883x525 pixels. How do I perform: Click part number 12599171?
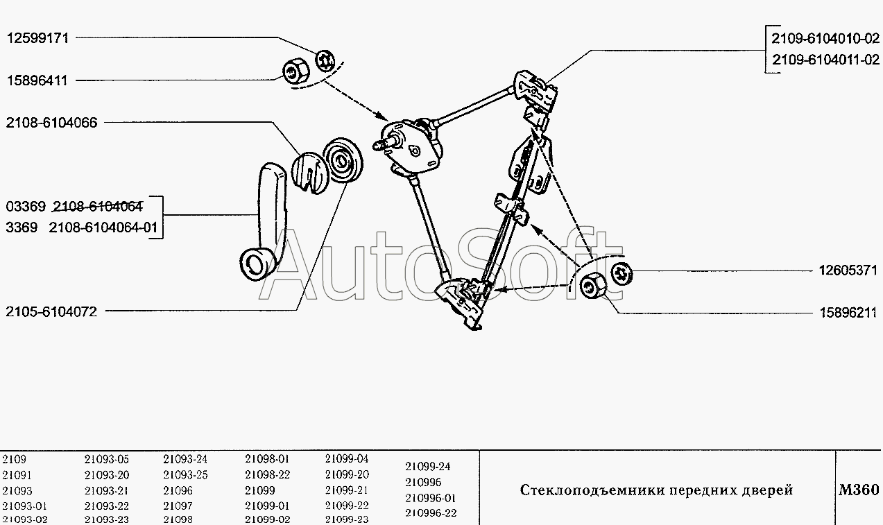37,38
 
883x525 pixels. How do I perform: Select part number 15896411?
37,80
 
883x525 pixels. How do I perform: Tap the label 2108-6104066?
52,123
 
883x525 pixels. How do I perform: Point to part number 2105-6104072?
52,311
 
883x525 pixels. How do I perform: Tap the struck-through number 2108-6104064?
96,207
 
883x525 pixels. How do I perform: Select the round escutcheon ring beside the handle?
343,161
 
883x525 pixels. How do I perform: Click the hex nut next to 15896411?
294,71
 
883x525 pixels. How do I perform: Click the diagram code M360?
859,490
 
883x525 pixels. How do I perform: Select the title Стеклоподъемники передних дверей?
656,490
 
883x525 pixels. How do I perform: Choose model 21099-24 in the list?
427,466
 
